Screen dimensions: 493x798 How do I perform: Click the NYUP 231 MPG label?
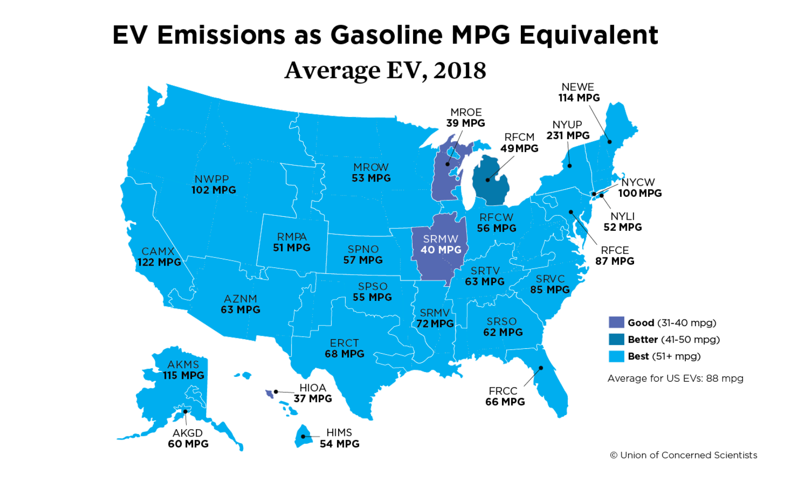pyautogui.click(x=568, y=130)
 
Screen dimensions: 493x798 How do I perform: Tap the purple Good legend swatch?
pyautogui.click(x=616, y=323)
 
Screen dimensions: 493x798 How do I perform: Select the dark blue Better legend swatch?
pyautogui.click(x=616, y=339)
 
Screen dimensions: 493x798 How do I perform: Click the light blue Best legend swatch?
pyautogui.click(x=616, y=356)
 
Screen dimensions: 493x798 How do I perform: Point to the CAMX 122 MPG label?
pyautogui.click(x=159, y=257)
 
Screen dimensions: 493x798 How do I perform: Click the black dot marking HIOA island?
pyautogui.click(x=276, y=392)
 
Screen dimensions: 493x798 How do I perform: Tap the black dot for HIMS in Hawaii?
pyautogui.click(x=303, y=436)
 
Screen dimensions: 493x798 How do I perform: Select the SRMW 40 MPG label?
pyautogui.click(x=441, y=244)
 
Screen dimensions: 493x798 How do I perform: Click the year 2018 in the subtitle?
pyautogui.click(x=459, y=71)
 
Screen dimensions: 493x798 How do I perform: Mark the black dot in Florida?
pyautogui.click(x=541, y=368)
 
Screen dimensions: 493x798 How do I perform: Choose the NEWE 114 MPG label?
pyautogui.click(x=578, y=92)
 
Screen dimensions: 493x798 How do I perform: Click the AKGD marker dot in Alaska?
pyautogui.click(x=185, y=412)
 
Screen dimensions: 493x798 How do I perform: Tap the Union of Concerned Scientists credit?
pyautogui.click(x=683, y=455)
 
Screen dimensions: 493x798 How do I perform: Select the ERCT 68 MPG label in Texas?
pyautogui.click(x=344, y=348)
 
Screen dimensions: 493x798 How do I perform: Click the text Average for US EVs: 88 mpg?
pyautogui.click(x=675, y=378)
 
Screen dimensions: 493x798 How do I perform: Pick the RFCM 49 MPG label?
pyautogui.click(x=519, y=143)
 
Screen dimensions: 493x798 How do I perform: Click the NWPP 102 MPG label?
pyautogui.click(x=213, y=184)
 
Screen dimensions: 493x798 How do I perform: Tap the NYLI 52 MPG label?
pyautogui.click(x=622, y=222)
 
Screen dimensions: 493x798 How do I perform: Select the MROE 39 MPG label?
pyautogui.click(x=465, y=118)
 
